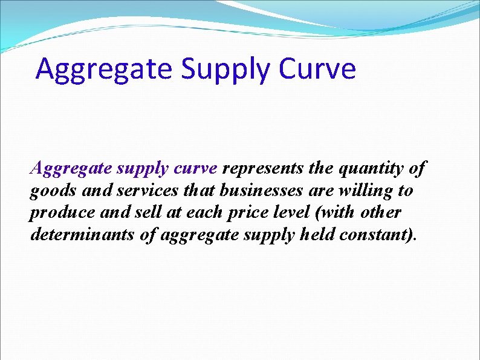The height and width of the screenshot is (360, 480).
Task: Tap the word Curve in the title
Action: tap(318, 69)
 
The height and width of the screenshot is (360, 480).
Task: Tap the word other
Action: tap(380, 213)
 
